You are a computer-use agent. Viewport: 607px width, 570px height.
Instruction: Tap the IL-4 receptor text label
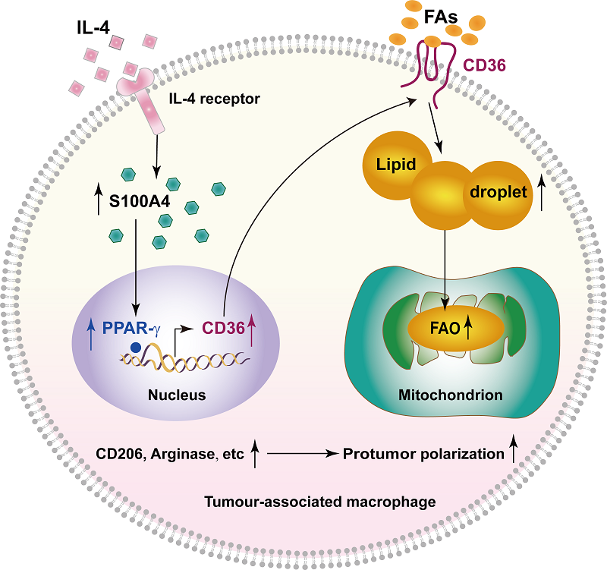pos(215,97)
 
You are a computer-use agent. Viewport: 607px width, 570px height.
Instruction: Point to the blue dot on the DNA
pos(134,348)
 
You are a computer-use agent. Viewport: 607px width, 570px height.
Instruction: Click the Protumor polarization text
pos(423,455)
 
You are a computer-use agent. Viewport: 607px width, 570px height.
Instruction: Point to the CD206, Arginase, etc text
pos(170,455)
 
